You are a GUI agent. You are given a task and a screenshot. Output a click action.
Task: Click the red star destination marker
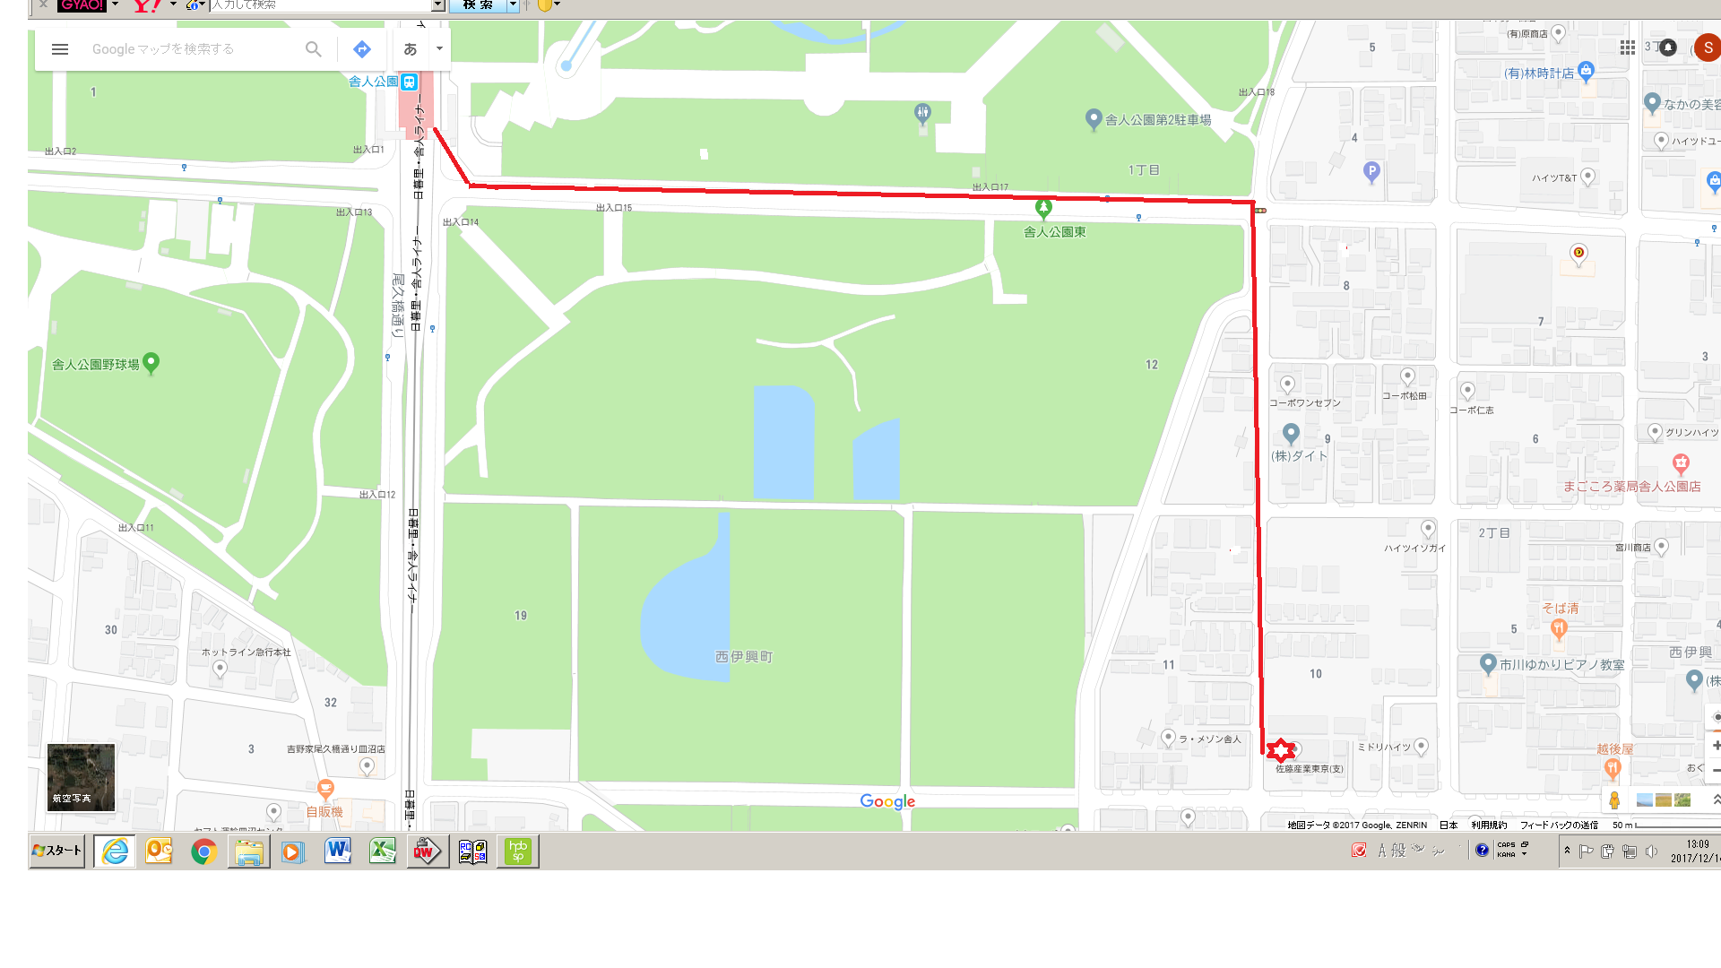pyautogui.click(x=1281, y=750)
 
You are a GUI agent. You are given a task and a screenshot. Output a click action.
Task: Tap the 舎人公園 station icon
pyautogui.click(x=409, y=82)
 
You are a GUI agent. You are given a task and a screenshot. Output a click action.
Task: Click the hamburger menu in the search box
pyautogui.click(x=60, y=49)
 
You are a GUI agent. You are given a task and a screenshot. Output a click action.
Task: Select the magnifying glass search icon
pyautogui.click(x=313, y=49)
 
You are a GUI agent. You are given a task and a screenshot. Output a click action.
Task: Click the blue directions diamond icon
pyautogui.click(x=362, y=49)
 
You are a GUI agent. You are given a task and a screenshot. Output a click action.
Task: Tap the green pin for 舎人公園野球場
pyautogui.click(x=151, y=362)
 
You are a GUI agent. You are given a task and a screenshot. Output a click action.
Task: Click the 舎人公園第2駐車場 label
pyautogui.click(x=1157, y=120)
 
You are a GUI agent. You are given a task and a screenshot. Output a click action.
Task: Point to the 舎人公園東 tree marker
pyautogui.click(x=1043, y=208)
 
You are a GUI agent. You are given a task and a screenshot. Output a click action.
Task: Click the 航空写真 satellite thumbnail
pyautogui.click(x=81, y=777)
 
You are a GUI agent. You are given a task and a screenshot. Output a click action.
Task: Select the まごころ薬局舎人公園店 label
pyautogui.click(x=1631, y=487)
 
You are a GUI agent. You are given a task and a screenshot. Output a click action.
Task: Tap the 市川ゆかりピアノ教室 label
pyautogui.click(x=1561, y=665)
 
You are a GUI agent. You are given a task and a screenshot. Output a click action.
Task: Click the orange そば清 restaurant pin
pyautogui.click(x=1559, y=628)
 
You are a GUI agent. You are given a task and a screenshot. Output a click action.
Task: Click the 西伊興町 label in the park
pyautogui.click(x=744, y=657)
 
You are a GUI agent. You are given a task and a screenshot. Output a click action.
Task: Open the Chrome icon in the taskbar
pyautogui.click(x=203, y=851)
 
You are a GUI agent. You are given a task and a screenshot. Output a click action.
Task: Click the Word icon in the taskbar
pyautogui.click(x=338, y=851)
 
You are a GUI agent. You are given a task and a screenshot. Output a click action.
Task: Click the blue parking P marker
pyautogui.click(x=1371, y=171)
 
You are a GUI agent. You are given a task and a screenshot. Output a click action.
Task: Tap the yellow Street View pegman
pyautogui.click(x=1614, y=800)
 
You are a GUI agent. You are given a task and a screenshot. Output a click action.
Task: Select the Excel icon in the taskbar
pyautogui.click(x=383, y=851)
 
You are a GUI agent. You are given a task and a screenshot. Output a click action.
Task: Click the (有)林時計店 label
pyautogui.click(x=1538, y=73)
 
